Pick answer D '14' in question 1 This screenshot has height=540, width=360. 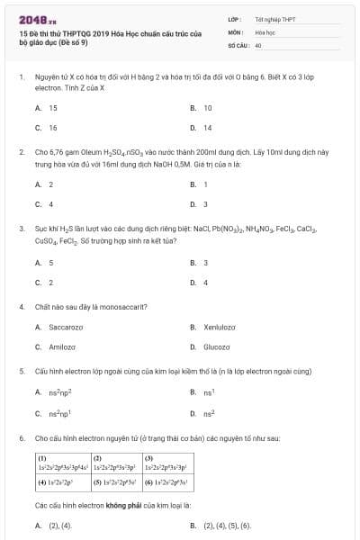point(207,128)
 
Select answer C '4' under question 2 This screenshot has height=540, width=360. point(51,204)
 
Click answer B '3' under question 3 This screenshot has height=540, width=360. point(205,263)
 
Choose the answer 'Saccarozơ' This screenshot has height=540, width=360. point(67,327)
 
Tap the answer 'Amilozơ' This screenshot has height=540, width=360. point(62,346)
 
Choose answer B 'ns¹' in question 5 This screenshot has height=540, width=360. point(208,392)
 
